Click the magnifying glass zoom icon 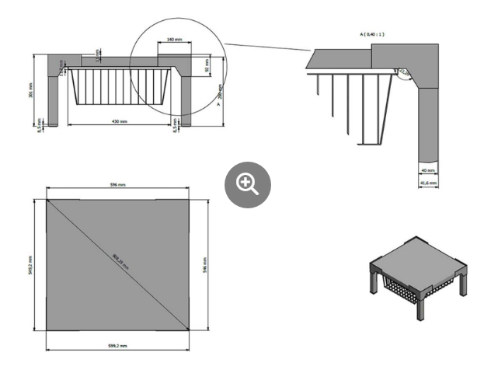[247, 183]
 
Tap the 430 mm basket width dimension [119, 121]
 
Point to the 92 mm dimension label [207, 67]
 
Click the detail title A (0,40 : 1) [373, 34]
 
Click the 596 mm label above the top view [117, 184]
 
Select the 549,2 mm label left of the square [30, 266]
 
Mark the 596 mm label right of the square [205, 266]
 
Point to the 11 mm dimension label [98, 54]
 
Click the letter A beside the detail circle [218, 102]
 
